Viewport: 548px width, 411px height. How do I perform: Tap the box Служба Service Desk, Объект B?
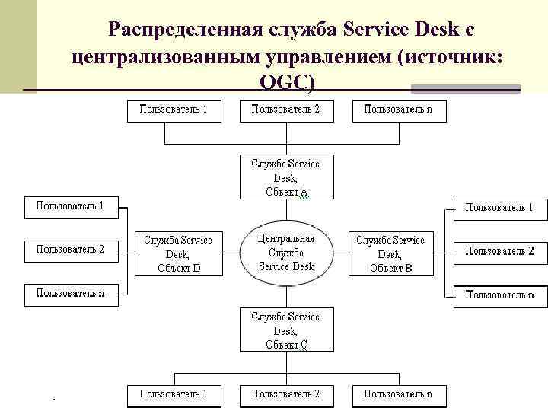(x=390, y=253)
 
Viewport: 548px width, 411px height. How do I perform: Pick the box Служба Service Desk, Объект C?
(x=285, y=330)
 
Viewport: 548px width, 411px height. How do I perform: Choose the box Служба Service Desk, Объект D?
(x=179, y=253)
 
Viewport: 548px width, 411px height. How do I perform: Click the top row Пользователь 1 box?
(x=173, y=110)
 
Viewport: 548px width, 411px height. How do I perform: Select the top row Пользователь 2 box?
(x=285, y=110)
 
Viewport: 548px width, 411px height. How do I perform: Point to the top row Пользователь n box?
(x=399, y=110)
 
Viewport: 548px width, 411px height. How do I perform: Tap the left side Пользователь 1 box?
(x=71, y=206)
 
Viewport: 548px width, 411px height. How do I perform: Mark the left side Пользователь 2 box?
(x=71, y=250)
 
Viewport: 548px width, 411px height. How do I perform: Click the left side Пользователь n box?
(x=71, y=294)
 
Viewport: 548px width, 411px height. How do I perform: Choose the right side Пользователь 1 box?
(x=500, y=208)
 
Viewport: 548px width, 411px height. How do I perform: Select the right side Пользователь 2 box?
(x=500, y=252)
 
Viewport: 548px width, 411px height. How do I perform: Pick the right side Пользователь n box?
(x=500, y=295)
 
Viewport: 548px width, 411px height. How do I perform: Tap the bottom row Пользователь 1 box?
(x=173, y=395)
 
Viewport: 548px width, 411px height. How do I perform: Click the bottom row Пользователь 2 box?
(x=285, y=395)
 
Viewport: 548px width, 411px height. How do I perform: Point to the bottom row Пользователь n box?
(x=399, y=395)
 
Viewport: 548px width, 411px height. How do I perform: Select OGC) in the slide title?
(x=285, y=83)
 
